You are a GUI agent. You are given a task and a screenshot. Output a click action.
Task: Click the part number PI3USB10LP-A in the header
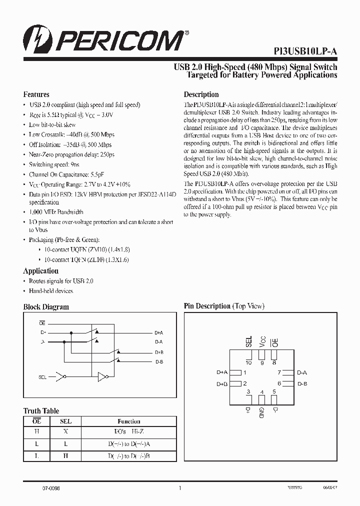click(305, 51)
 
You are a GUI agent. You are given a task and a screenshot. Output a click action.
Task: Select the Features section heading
click(36, 94)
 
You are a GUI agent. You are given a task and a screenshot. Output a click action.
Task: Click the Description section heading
click(201, 94)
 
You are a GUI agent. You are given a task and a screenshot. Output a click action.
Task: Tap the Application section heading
click(40, 271)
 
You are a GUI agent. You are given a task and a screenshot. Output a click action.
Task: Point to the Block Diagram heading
click(46, 307)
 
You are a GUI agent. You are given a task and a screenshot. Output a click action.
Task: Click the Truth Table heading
click(41, 411)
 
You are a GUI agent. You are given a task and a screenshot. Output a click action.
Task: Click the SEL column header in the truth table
click(65, 421)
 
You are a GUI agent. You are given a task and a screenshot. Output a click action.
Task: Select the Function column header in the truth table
click(129, 421)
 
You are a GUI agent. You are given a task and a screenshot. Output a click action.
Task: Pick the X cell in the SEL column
click(65, 431)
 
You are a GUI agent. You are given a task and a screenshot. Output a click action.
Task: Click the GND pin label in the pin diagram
click(261, 412)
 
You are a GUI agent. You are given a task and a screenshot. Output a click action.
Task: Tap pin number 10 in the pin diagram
click(248, 363)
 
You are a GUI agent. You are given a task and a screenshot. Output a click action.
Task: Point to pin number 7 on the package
click(279, 372)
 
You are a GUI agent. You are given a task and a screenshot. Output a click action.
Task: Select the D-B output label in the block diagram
click(158, 361)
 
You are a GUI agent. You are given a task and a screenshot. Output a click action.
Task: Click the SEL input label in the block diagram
click(43, 376)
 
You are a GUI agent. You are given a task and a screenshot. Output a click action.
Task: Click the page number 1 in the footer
click(179, 488)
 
